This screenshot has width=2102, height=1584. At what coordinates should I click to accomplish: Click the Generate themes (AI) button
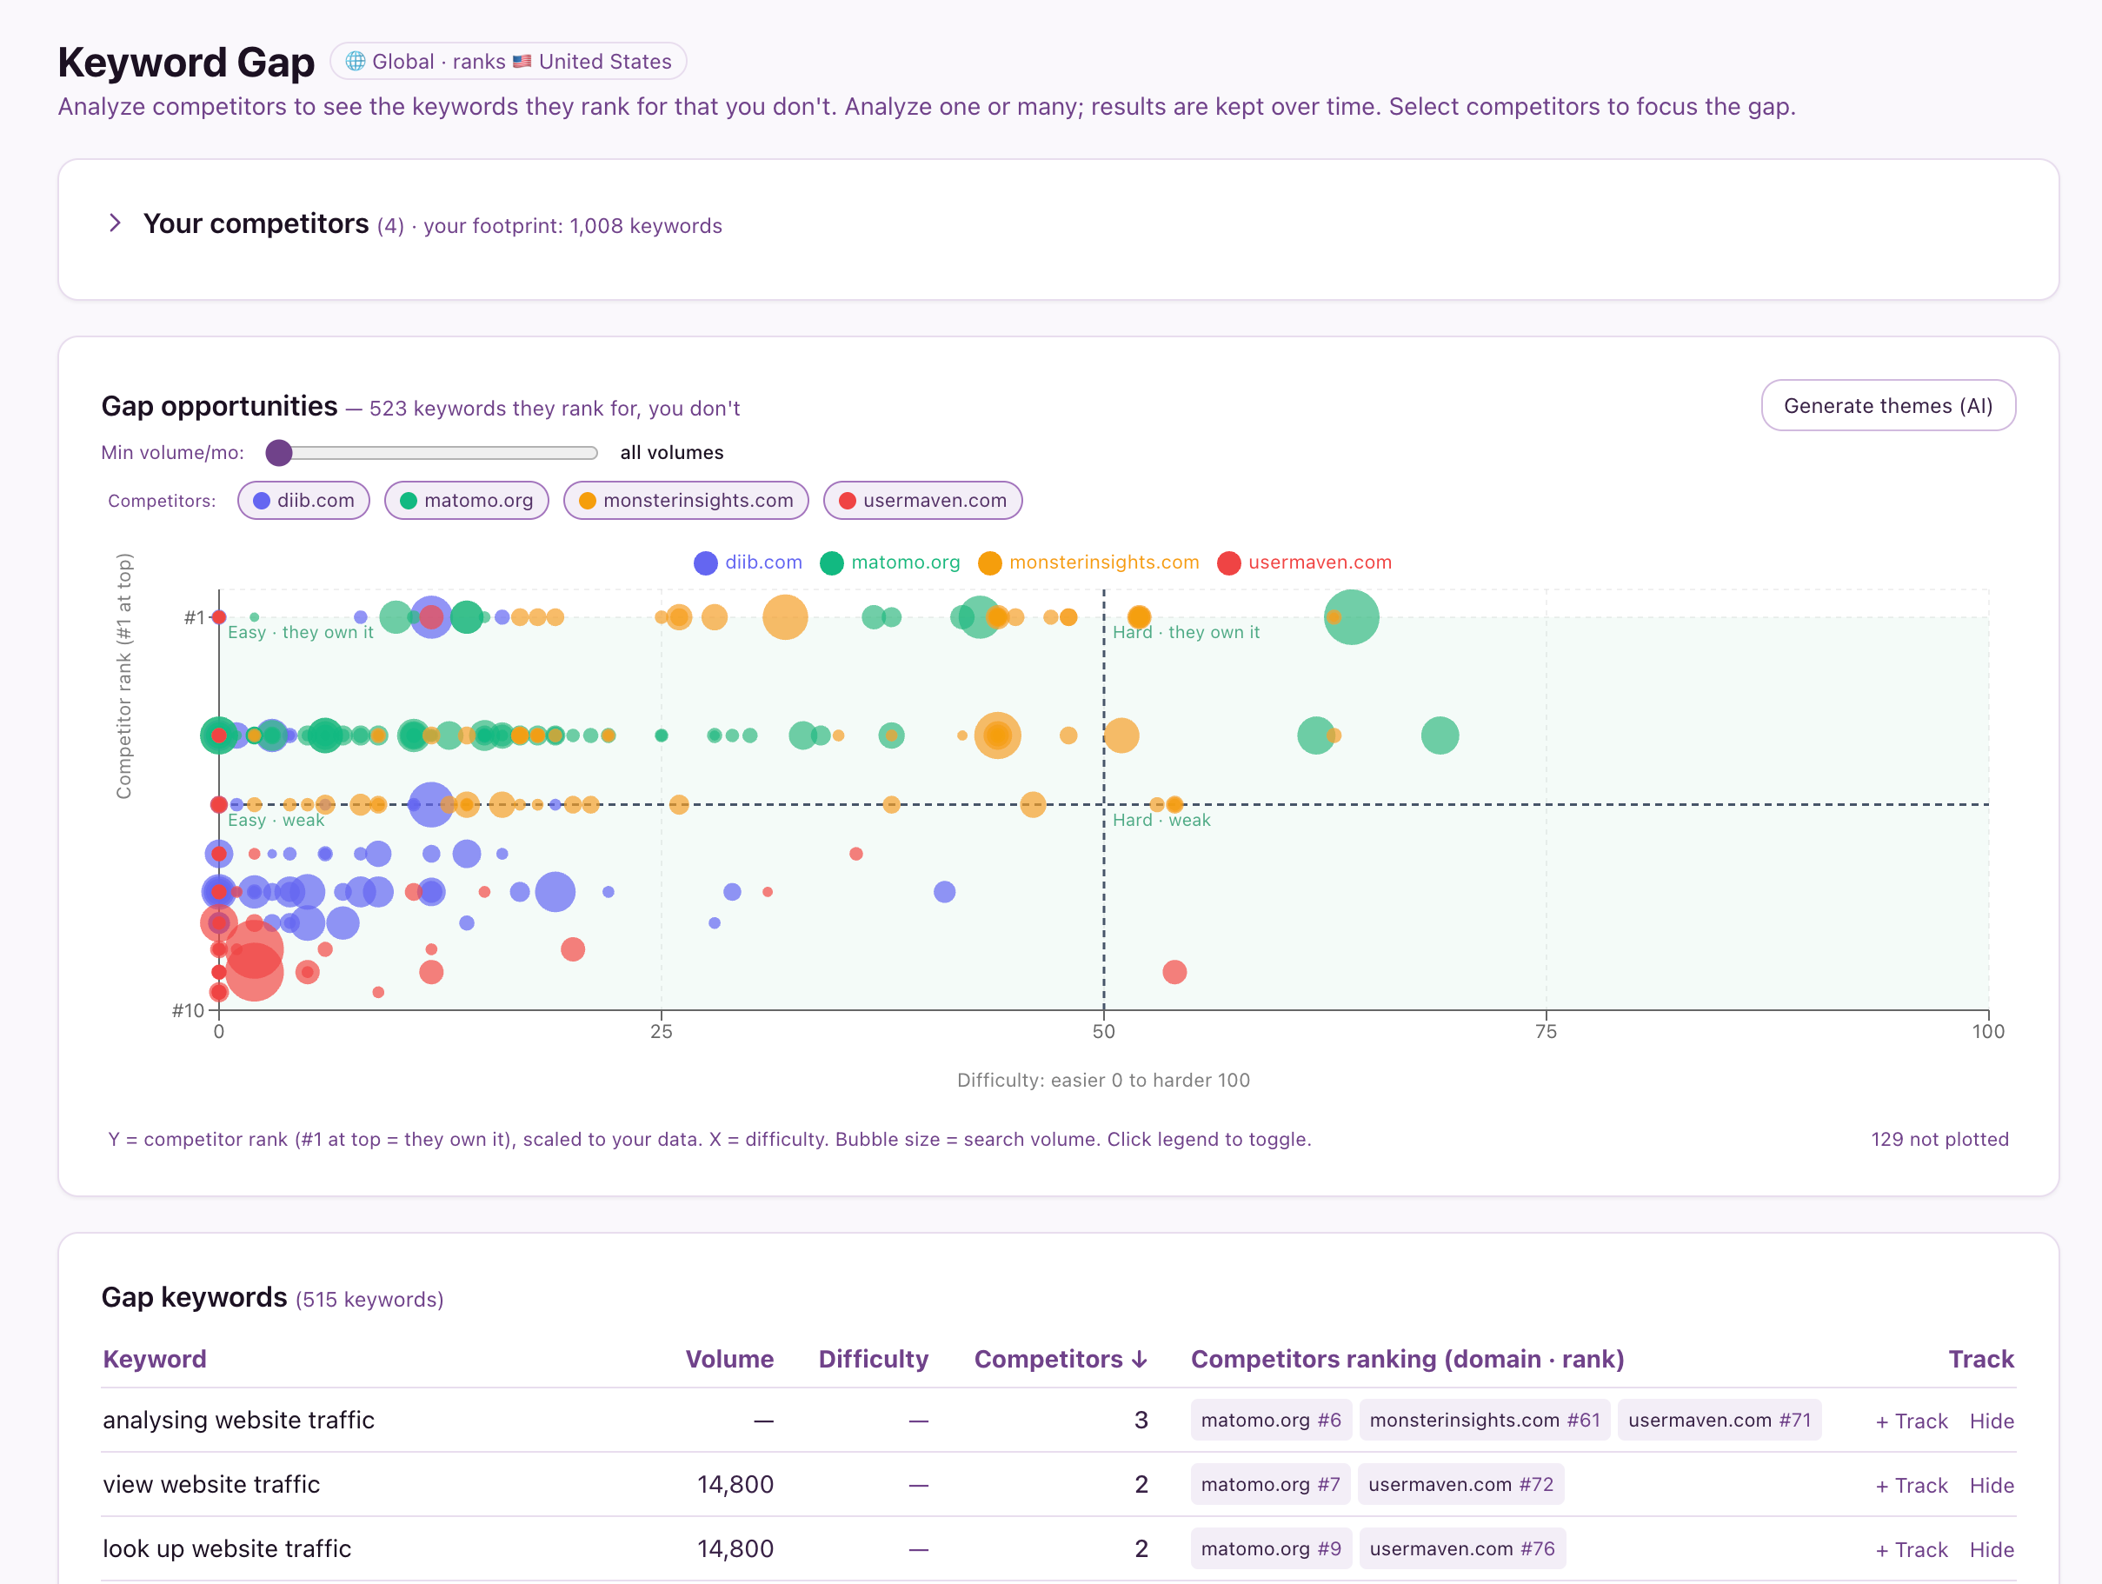click(x=1887, y=406)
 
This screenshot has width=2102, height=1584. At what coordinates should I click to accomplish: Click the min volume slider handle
click(x=278, y=452)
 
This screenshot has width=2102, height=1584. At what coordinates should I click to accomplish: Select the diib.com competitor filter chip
click(x=303, y=501)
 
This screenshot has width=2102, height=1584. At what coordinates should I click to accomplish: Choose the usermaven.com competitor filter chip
click(x=921, y=501)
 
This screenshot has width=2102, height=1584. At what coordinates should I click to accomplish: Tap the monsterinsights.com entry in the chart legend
click(x=1088, y=562)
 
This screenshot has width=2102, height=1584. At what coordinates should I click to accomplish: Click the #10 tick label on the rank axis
click(x=187, y=1010)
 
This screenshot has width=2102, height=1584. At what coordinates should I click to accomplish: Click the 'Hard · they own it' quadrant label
click(x=1186, y=633)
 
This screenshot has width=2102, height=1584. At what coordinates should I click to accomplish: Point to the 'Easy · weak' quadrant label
click(x=276, y=820)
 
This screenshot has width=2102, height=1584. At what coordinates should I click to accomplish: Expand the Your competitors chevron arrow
click(x=115, y=223)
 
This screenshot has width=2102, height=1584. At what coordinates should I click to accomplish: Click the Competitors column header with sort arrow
click(x=1061, y=1359)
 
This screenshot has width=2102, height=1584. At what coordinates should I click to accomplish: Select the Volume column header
click(x=728, y=1359)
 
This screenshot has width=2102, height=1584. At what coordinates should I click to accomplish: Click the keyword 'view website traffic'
click(x=211, y=1484)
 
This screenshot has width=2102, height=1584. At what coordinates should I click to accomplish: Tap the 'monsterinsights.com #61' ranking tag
click(x=1484, y=1420)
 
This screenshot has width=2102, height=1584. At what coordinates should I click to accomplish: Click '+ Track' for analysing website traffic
click(x=1911, y=1421)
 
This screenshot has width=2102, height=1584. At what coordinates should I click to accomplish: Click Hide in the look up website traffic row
click(x=1991, y=1550)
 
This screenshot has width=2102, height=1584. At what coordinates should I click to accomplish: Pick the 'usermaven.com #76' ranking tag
click(x=1461, y=1549)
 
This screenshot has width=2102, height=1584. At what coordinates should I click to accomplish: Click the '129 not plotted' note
click(x=1939, y=1139)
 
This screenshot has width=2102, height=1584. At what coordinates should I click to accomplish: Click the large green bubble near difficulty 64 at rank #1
click(x=1350, y=617)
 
